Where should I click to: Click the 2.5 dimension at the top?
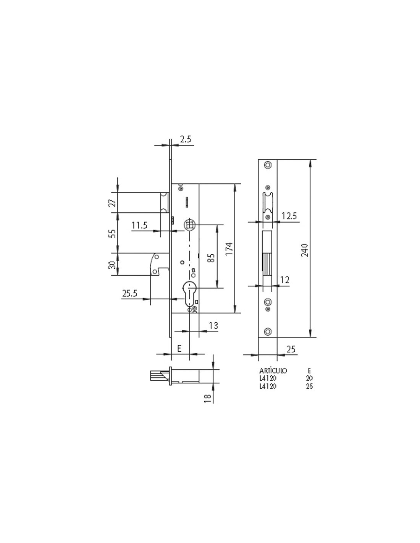pyautogui.click(x=186, y=139)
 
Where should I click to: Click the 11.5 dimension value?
pyautogui.click(x=139, y=225)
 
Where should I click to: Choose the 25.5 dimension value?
pyautogui.click(x=130, y=293)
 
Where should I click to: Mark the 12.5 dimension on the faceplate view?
pyautogui.click(x=289, y=216)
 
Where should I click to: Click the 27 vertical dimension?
pyautogui.click(x=113, y=203)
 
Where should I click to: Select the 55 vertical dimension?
pyautogui.click(x=113, y=233)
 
